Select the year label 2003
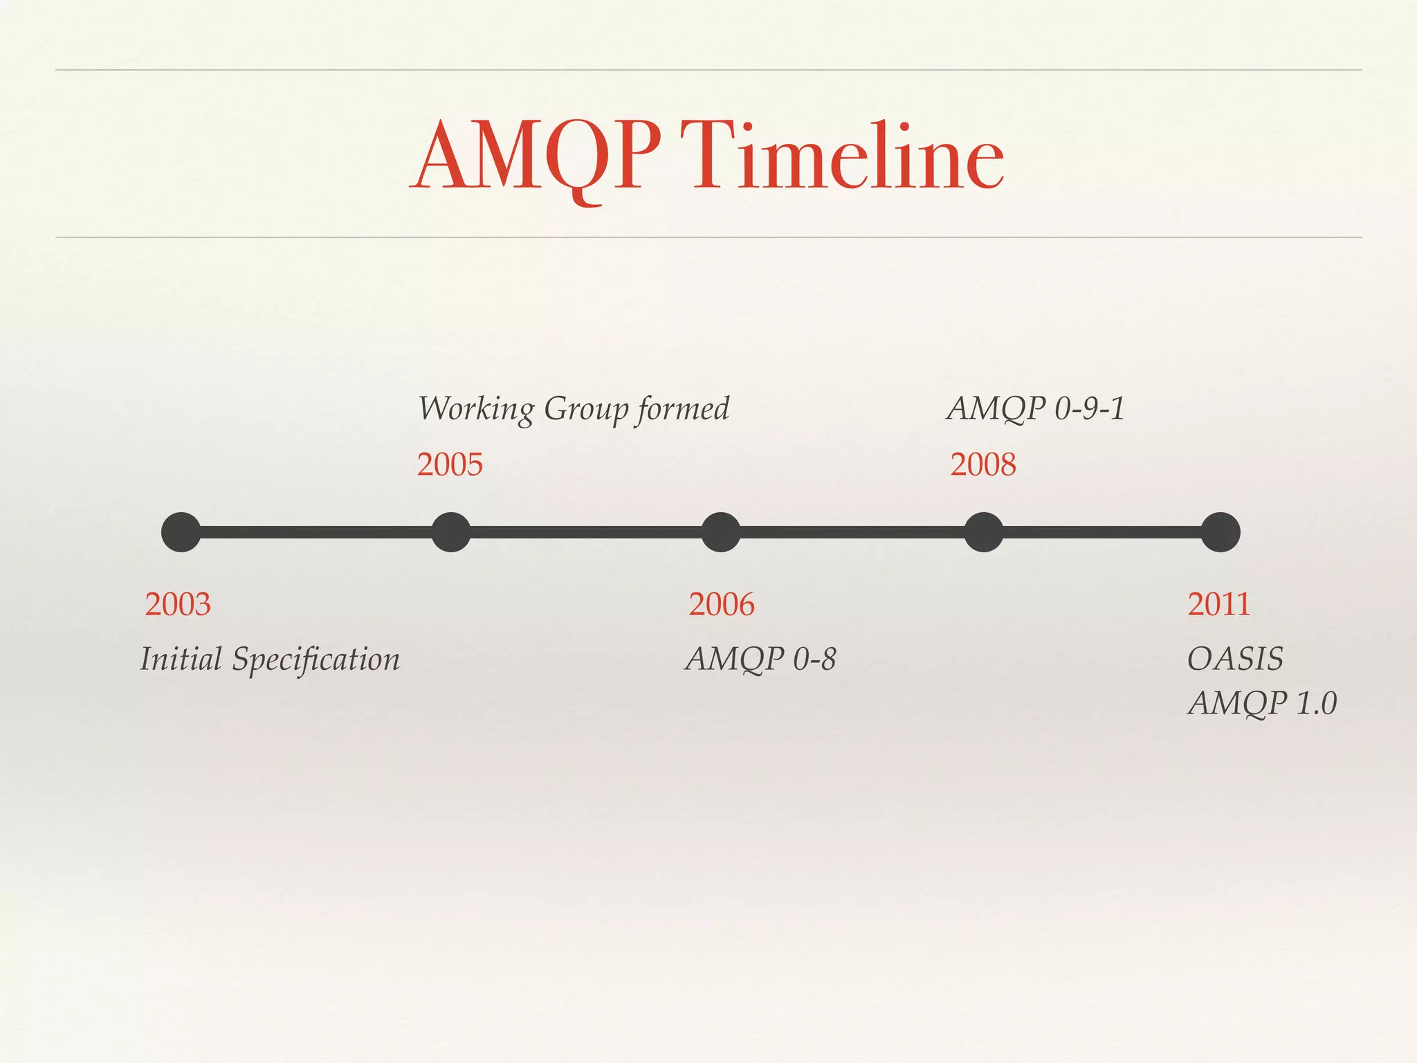click(178, 604)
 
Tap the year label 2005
click(450, 464)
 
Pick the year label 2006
click(721, 604)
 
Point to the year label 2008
click(983, 464)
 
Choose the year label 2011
click(1218, 604)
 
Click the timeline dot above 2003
click(181, 532)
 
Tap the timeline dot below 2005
click(450, 532)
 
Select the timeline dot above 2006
click(721, 532)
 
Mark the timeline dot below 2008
click(983, 532)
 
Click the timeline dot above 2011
click(1221, 532)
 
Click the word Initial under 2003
click(181, 658)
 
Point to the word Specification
click(316, 660)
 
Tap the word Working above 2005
click(476, 409)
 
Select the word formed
click(684, 408)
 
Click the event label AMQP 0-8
click(760, 659)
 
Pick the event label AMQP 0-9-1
click(1036, 408)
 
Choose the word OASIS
click(1235, 659)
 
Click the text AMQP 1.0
click(1262, 704)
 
